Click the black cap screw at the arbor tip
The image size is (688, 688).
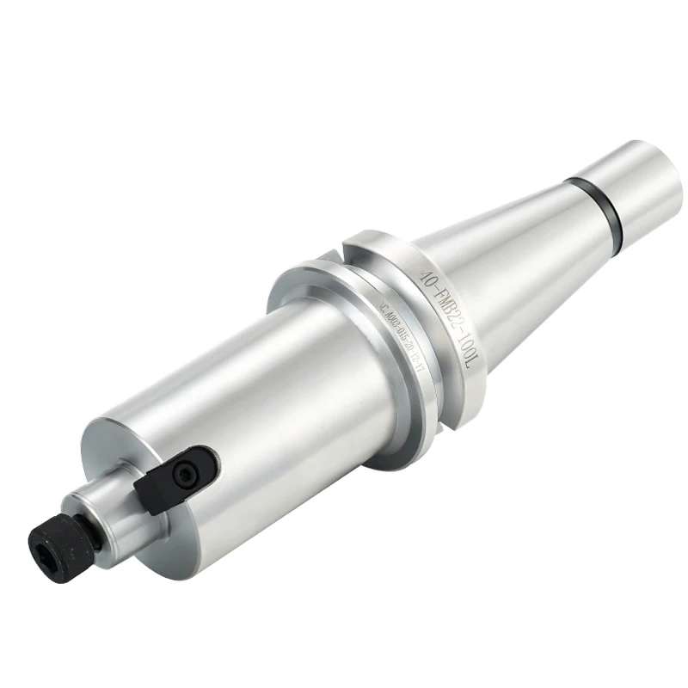(54, 538)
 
